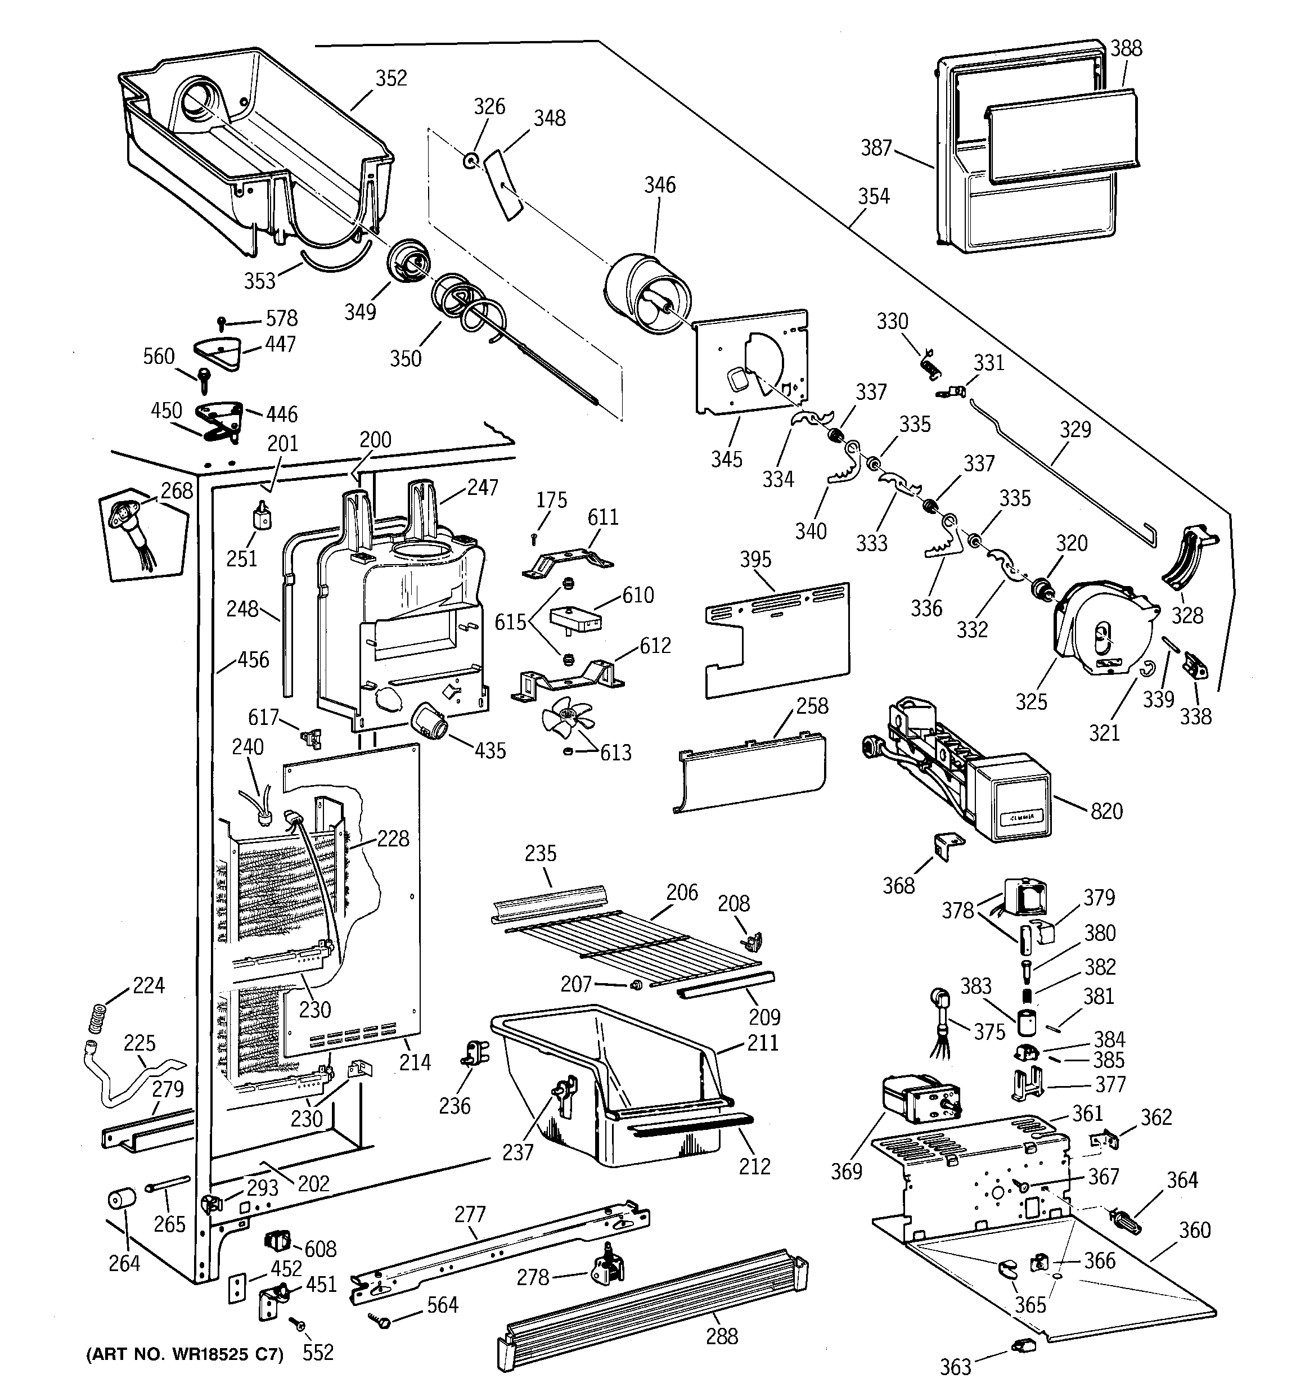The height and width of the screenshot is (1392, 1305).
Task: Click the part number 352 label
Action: tap(391, 78)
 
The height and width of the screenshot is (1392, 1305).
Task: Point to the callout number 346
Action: tap(660, 185)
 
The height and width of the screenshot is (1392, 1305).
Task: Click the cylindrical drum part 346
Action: tap(647, 294)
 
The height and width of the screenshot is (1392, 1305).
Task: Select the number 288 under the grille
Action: tap(722, 1337)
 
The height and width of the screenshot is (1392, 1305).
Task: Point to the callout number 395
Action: tap(756, 560)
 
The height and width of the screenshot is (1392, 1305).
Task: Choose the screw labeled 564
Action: tap(382, 1319)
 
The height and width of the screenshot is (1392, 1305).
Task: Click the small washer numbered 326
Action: tap(469, 162)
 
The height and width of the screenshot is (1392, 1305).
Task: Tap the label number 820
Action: tap(1107, 812)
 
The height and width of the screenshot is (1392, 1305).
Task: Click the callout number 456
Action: tap(254, 660)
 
